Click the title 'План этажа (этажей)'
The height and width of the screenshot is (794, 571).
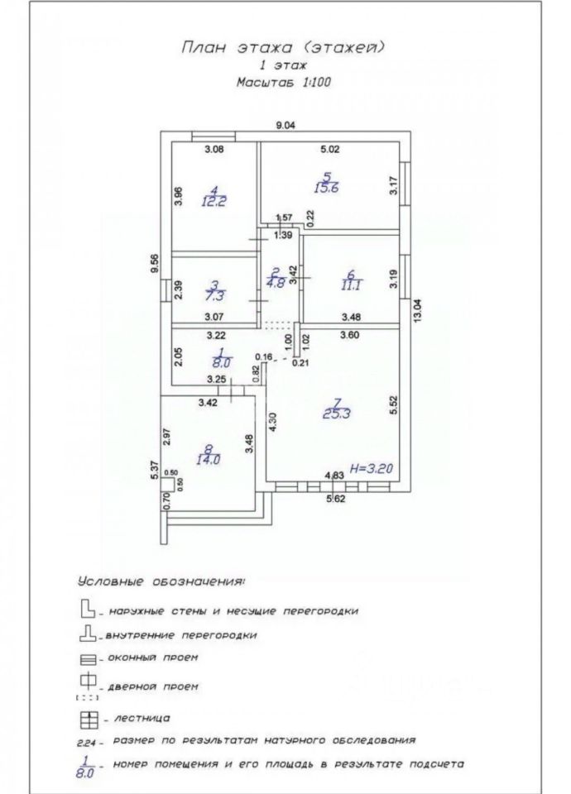point(283,48)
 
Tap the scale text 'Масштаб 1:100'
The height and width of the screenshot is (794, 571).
point(283,84)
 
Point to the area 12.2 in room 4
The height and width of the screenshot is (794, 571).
point(213,199)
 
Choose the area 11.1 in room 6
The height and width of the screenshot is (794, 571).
point(348,285)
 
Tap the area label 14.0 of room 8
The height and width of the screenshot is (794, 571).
point(208,459)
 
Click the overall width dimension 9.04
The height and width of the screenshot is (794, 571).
point(285,125)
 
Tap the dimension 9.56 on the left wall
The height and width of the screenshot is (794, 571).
point(153,265)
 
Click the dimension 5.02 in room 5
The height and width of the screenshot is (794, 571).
point(330,150)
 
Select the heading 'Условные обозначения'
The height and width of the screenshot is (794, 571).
point(161,581)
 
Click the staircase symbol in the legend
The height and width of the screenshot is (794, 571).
point(85,716)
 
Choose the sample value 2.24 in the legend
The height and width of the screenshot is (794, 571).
point(86,742)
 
